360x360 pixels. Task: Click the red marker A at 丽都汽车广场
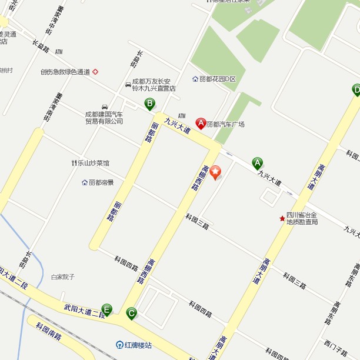pos(201,123)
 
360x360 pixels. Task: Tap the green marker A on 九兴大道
pos(257,163)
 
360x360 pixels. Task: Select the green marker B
pos(150,104)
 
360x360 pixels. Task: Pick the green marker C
pos(131,313)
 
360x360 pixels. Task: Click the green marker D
pos(356,89)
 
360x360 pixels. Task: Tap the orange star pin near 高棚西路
pos(216,172)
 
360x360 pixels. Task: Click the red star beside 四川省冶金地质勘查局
pos(282,218)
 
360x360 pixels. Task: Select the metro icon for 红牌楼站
pos(119,345)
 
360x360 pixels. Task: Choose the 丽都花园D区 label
pos(217,79)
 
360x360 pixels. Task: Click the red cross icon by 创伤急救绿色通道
pos(95,72)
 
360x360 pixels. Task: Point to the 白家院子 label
pos(62,276)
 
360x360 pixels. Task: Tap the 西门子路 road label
pos(335,348)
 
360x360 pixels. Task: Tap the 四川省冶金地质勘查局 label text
pos(302,218)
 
